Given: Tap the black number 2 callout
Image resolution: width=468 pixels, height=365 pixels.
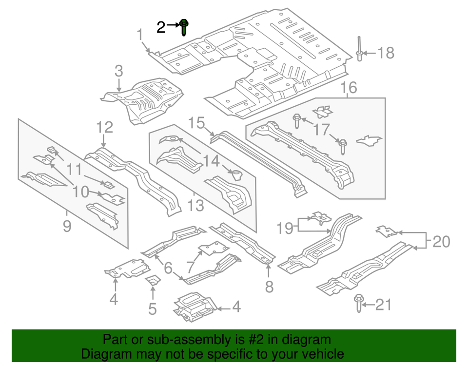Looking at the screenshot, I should tap(161, 27).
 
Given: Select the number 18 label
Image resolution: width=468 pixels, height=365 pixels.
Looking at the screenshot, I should tap(386, 53).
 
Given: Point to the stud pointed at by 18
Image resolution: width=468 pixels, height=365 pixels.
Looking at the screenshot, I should tap(359, 49).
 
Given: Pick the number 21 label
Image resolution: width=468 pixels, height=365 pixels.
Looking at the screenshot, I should tap(384, 305).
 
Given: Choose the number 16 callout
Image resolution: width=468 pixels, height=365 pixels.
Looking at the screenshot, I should tap(349, 88).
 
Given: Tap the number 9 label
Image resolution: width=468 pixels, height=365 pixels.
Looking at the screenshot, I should tap(67, 226).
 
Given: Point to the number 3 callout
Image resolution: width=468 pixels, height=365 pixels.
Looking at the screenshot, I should tap(118, 72).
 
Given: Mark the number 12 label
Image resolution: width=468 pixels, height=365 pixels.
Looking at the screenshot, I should tap(104, 128).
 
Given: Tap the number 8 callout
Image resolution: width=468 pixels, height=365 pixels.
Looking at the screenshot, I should tap(269, 287).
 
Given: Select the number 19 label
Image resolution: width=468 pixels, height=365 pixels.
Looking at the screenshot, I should tap(286, 227).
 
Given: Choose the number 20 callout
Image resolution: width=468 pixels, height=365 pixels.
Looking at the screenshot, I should tap(441, 241).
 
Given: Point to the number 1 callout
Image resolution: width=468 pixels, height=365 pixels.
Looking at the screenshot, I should tap(140, 35).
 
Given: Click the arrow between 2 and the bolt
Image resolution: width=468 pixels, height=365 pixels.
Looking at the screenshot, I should tap(173, 24).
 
